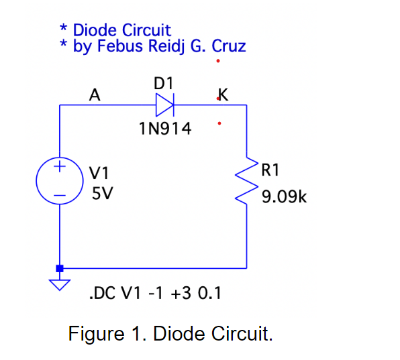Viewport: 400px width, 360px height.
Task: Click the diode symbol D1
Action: pos(165,105)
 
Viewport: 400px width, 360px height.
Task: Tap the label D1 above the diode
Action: pos(164,84)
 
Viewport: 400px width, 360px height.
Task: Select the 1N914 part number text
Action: pos(164,129)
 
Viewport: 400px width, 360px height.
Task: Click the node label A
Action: pos(95,96)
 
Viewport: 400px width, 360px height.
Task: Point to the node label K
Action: pos(223,95)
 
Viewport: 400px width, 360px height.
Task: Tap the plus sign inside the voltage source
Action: pos(60,165)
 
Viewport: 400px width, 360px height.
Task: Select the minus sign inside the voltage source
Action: pos(60,196)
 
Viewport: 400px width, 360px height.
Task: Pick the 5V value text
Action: pos(102,194)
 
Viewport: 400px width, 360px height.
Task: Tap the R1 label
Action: pos(270,170)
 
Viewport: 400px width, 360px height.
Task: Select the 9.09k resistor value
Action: pos(284,198)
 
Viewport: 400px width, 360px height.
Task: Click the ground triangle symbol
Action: pos(60,284)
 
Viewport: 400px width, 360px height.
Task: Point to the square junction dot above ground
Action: pos(60,268)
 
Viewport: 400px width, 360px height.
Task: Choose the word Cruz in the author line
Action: pos(228,47)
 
